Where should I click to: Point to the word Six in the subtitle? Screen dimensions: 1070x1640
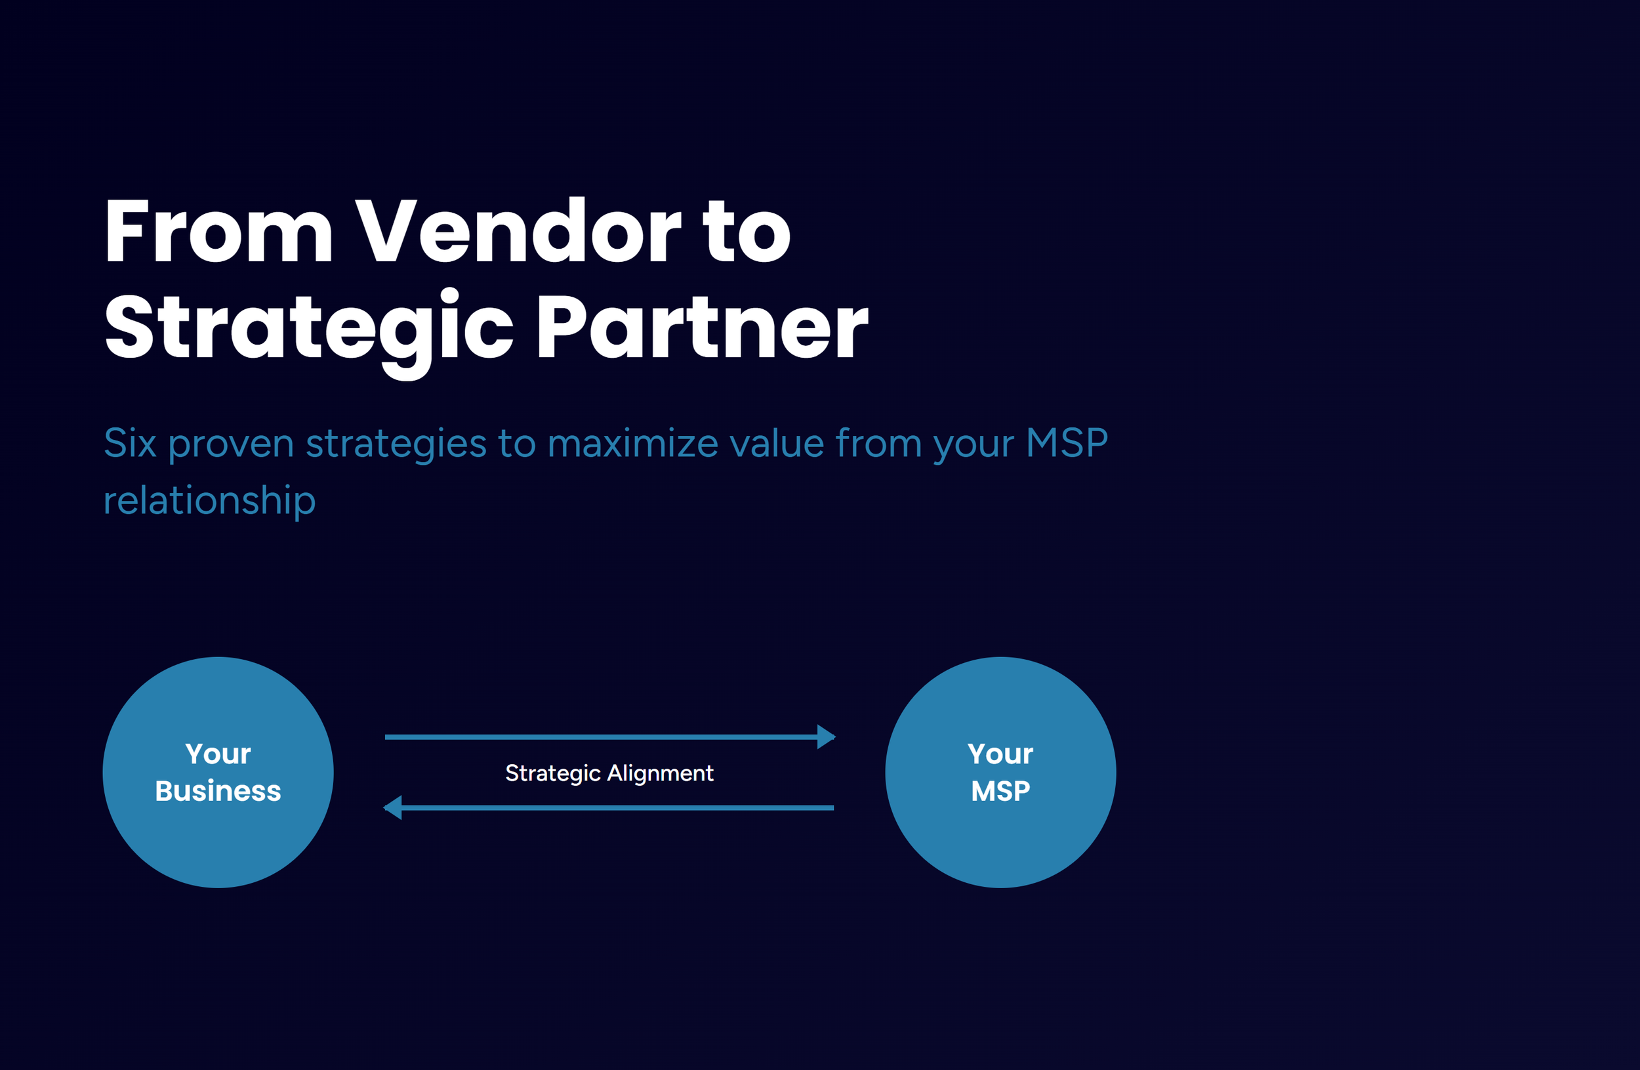point(129,442)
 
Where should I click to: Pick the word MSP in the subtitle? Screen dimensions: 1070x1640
point(1067,442)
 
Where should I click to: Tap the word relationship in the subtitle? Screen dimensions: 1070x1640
point(209,500)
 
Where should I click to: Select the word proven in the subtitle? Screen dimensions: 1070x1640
point(231,444)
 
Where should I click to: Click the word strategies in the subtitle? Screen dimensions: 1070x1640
point(396,444)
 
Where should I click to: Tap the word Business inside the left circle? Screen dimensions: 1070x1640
point(218,791)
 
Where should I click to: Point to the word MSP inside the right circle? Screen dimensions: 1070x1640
point(1000,791)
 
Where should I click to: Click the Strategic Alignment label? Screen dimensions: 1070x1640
point(609,773)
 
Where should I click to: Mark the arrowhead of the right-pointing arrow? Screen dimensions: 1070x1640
point(825,737)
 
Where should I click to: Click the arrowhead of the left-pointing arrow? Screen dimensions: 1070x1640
point(394,807)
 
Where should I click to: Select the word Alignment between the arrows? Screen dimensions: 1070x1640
point(660,773)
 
